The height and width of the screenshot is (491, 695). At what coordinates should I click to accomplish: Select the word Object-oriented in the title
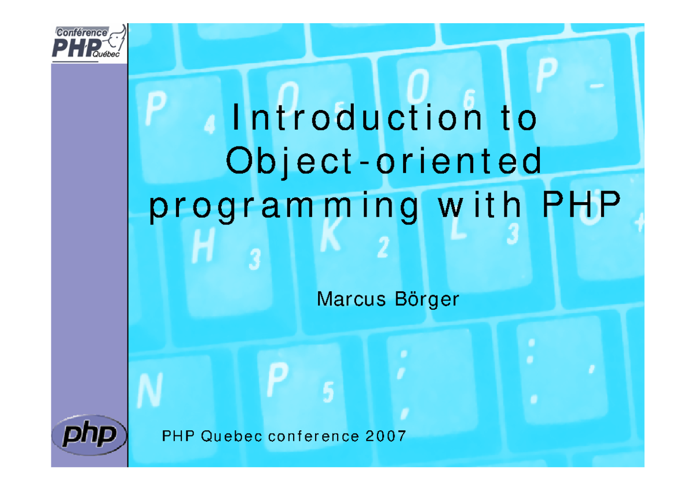pyautogui.click(x=384, y=163)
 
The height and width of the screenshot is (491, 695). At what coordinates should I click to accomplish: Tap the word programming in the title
pyautogui.click(x=283, y=208)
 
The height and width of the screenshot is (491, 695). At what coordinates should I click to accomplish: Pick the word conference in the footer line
pyautogui.click(x=308, y=436)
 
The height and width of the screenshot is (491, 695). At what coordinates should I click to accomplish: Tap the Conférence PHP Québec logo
pyautogui.click(x=89, y=43)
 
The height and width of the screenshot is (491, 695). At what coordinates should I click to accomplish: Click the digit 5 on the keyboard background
pyautogui.click(x=328, y=393)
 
